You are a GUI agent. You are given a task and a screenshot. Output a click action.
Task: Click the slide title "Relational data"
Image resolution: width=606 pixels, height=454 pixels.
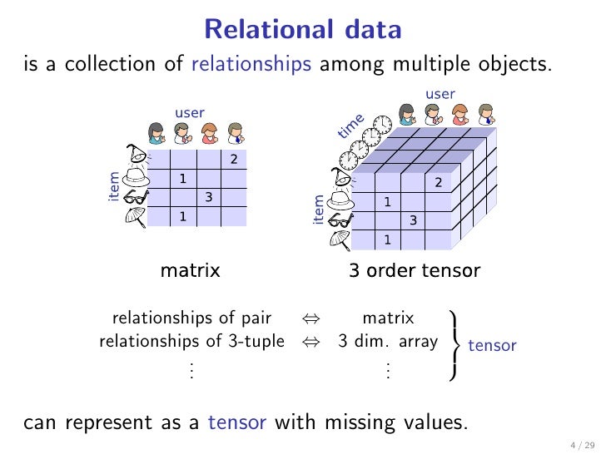click(x=302, y=31)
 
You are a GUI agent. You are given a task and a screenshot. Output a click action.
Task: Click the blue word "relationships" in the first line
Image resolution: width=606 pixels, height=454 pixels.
click(x=251, y=63)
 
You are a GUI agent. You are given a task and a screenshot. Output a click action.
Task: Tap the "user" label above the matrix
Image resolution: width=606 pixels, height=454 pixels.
click(x=189, y=112)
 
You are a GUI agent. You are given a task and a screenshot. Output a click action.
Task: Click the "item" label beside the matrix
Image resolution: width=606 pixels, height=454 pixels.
click(x=114, y=187)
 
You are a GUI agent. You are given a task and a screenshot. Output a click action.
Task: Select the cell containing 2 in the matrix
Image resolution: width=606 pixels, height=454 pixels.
click(x=234, y=160)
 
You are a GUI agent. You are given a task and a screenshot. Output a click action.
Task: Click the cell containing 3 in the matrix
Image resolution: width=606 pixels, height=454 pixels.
click(x=209, y=197)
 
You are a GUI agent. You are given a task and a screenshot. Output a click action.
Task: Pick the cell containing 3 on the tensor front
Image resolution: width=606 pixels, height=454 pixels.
click(x=413, y=220)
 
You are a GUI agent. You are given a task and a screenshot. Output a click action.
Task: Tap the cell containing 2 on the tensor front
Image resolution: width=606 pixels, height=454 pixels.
click(x=438, y=182)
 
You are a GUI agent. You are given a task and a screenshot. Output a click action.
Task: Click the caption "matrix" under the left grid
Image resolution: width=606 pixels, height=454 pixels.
click(x=190, y=270)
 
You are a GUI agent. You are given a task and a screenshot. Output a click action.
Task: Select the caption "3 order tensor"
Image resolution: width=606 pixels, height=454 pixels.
click(x=414, y=270)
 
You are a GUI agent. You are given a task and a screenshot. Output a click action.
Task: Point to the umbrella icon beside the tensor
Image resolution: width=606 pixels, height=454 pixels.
click(x=338, y=239)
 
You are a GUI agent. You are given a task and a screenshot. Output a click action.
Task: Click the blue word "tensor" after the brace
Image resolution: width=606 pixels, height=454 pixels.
click(x=492, y=345)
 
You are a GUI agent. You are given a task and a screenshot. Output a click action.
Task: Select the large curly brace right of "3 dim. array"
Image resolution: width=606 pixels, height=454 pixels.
click(x=454, y=344)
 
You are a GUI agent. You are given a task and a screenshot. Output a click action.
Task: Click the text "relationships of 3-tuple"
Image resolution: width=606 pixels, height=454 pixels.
click(x=191, y=341)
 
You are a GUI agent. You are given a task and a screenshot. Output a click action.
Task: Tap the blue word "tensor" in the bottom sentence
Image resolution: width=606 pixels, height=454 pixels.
click(x=237, y=422)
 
